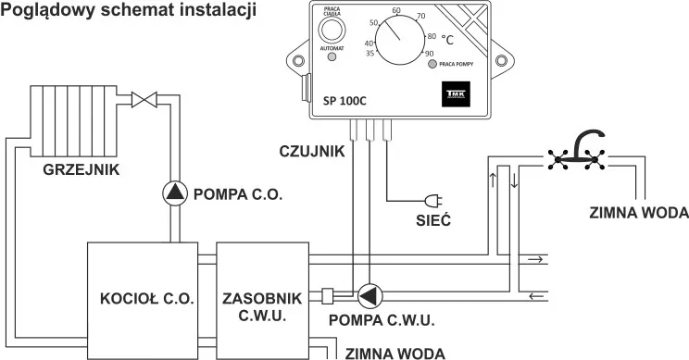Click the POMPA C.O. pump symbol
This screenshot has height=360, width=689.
[174, 192]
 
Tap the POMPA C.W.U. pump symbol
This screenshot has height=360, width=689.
[370, 295]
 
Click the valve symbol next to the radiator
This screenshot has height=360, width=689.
[143, 97]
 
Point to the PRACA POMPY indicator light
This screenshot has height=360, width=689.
[432, 66]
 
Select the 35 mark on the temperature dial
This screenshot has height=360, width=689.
[370, 55]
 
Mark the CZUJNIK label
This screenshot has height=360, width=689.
[313, 149]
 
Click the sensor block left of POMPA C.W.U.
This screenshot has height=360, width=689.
[328, 296]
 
